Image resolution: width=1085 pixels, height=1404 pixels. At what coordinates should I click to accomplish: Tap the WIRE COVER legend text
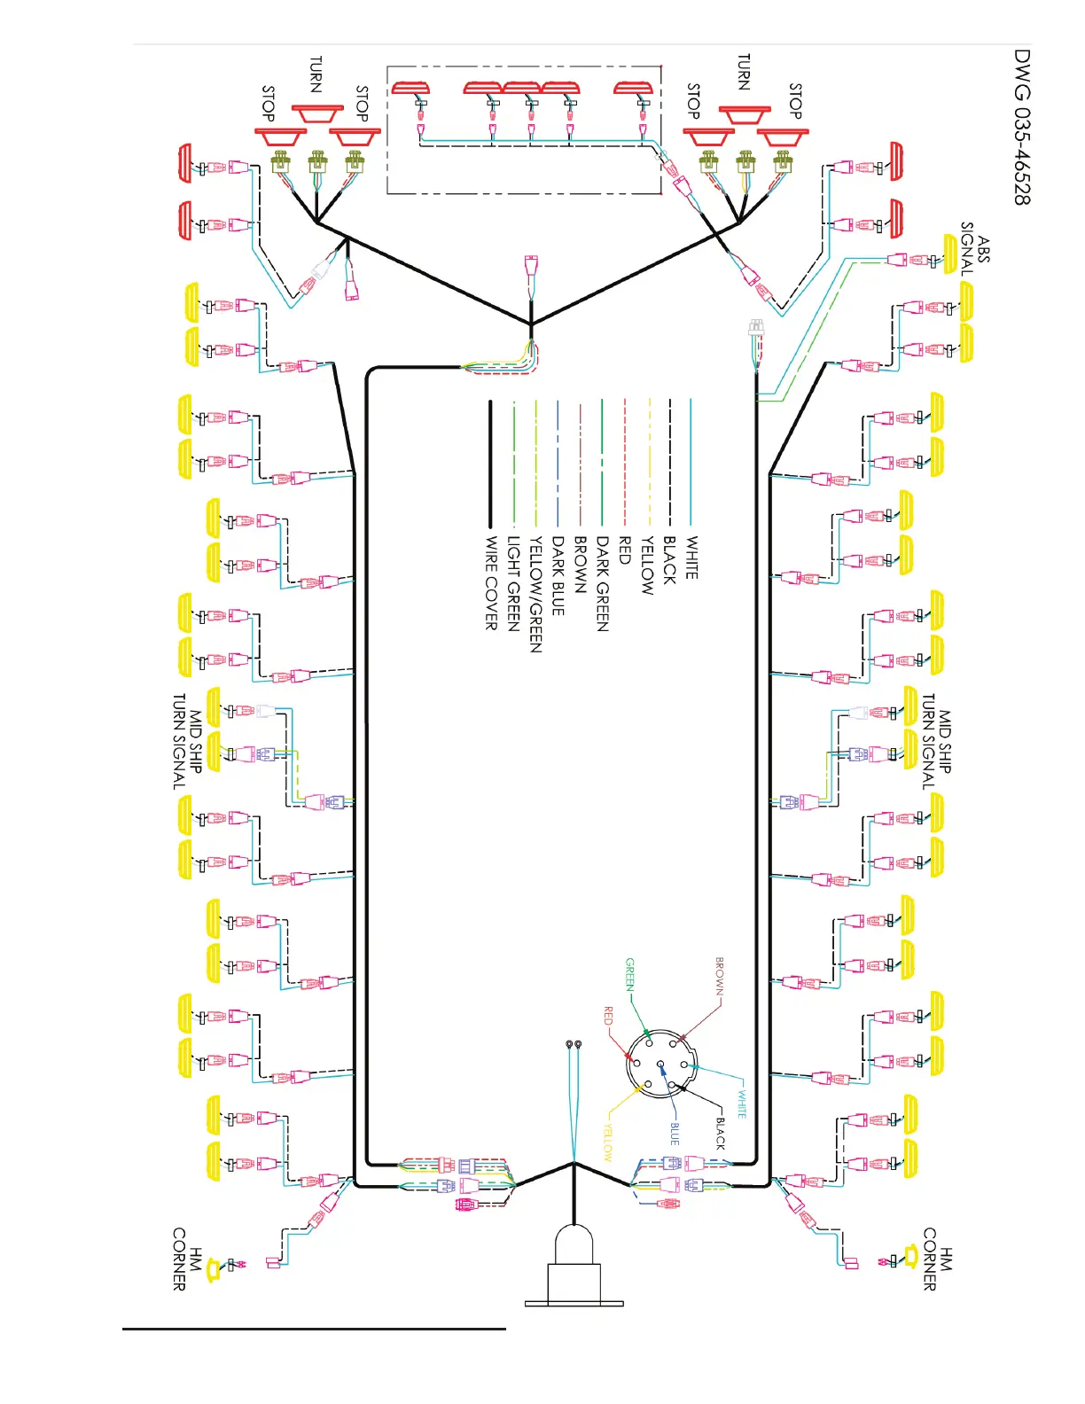(491, 583)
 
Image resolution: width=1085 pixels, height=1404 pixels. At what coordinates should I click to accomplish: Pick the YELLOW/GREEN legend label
(535, 594)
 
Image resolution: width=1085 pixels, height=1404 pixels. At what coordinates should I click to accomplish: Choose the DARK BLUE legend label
(558, 575)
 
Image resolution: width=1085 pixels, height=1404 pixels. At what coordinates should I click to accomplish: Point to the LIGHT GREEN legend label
(513, 583)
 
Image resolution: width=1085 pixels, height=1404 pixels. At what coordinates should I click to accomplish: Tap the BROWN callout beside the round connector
(720, 977)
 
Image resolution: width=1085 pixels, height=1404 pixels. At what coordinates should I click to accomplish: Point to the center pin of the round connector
(660, 1064)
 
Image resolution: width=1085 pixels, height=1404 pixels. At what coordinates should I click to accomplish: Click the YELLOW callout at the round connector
(608, 1143)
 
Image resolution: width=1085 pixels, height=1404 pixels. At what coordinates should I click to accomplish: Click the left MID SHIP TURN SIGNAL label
(187, 741)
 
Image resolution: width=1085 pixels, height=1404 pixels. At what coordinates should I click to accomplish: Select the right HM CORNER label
(938, 1259)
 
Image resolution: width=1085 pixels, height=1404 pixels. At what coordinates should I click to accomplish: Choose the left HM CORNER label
(187, 1259)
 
